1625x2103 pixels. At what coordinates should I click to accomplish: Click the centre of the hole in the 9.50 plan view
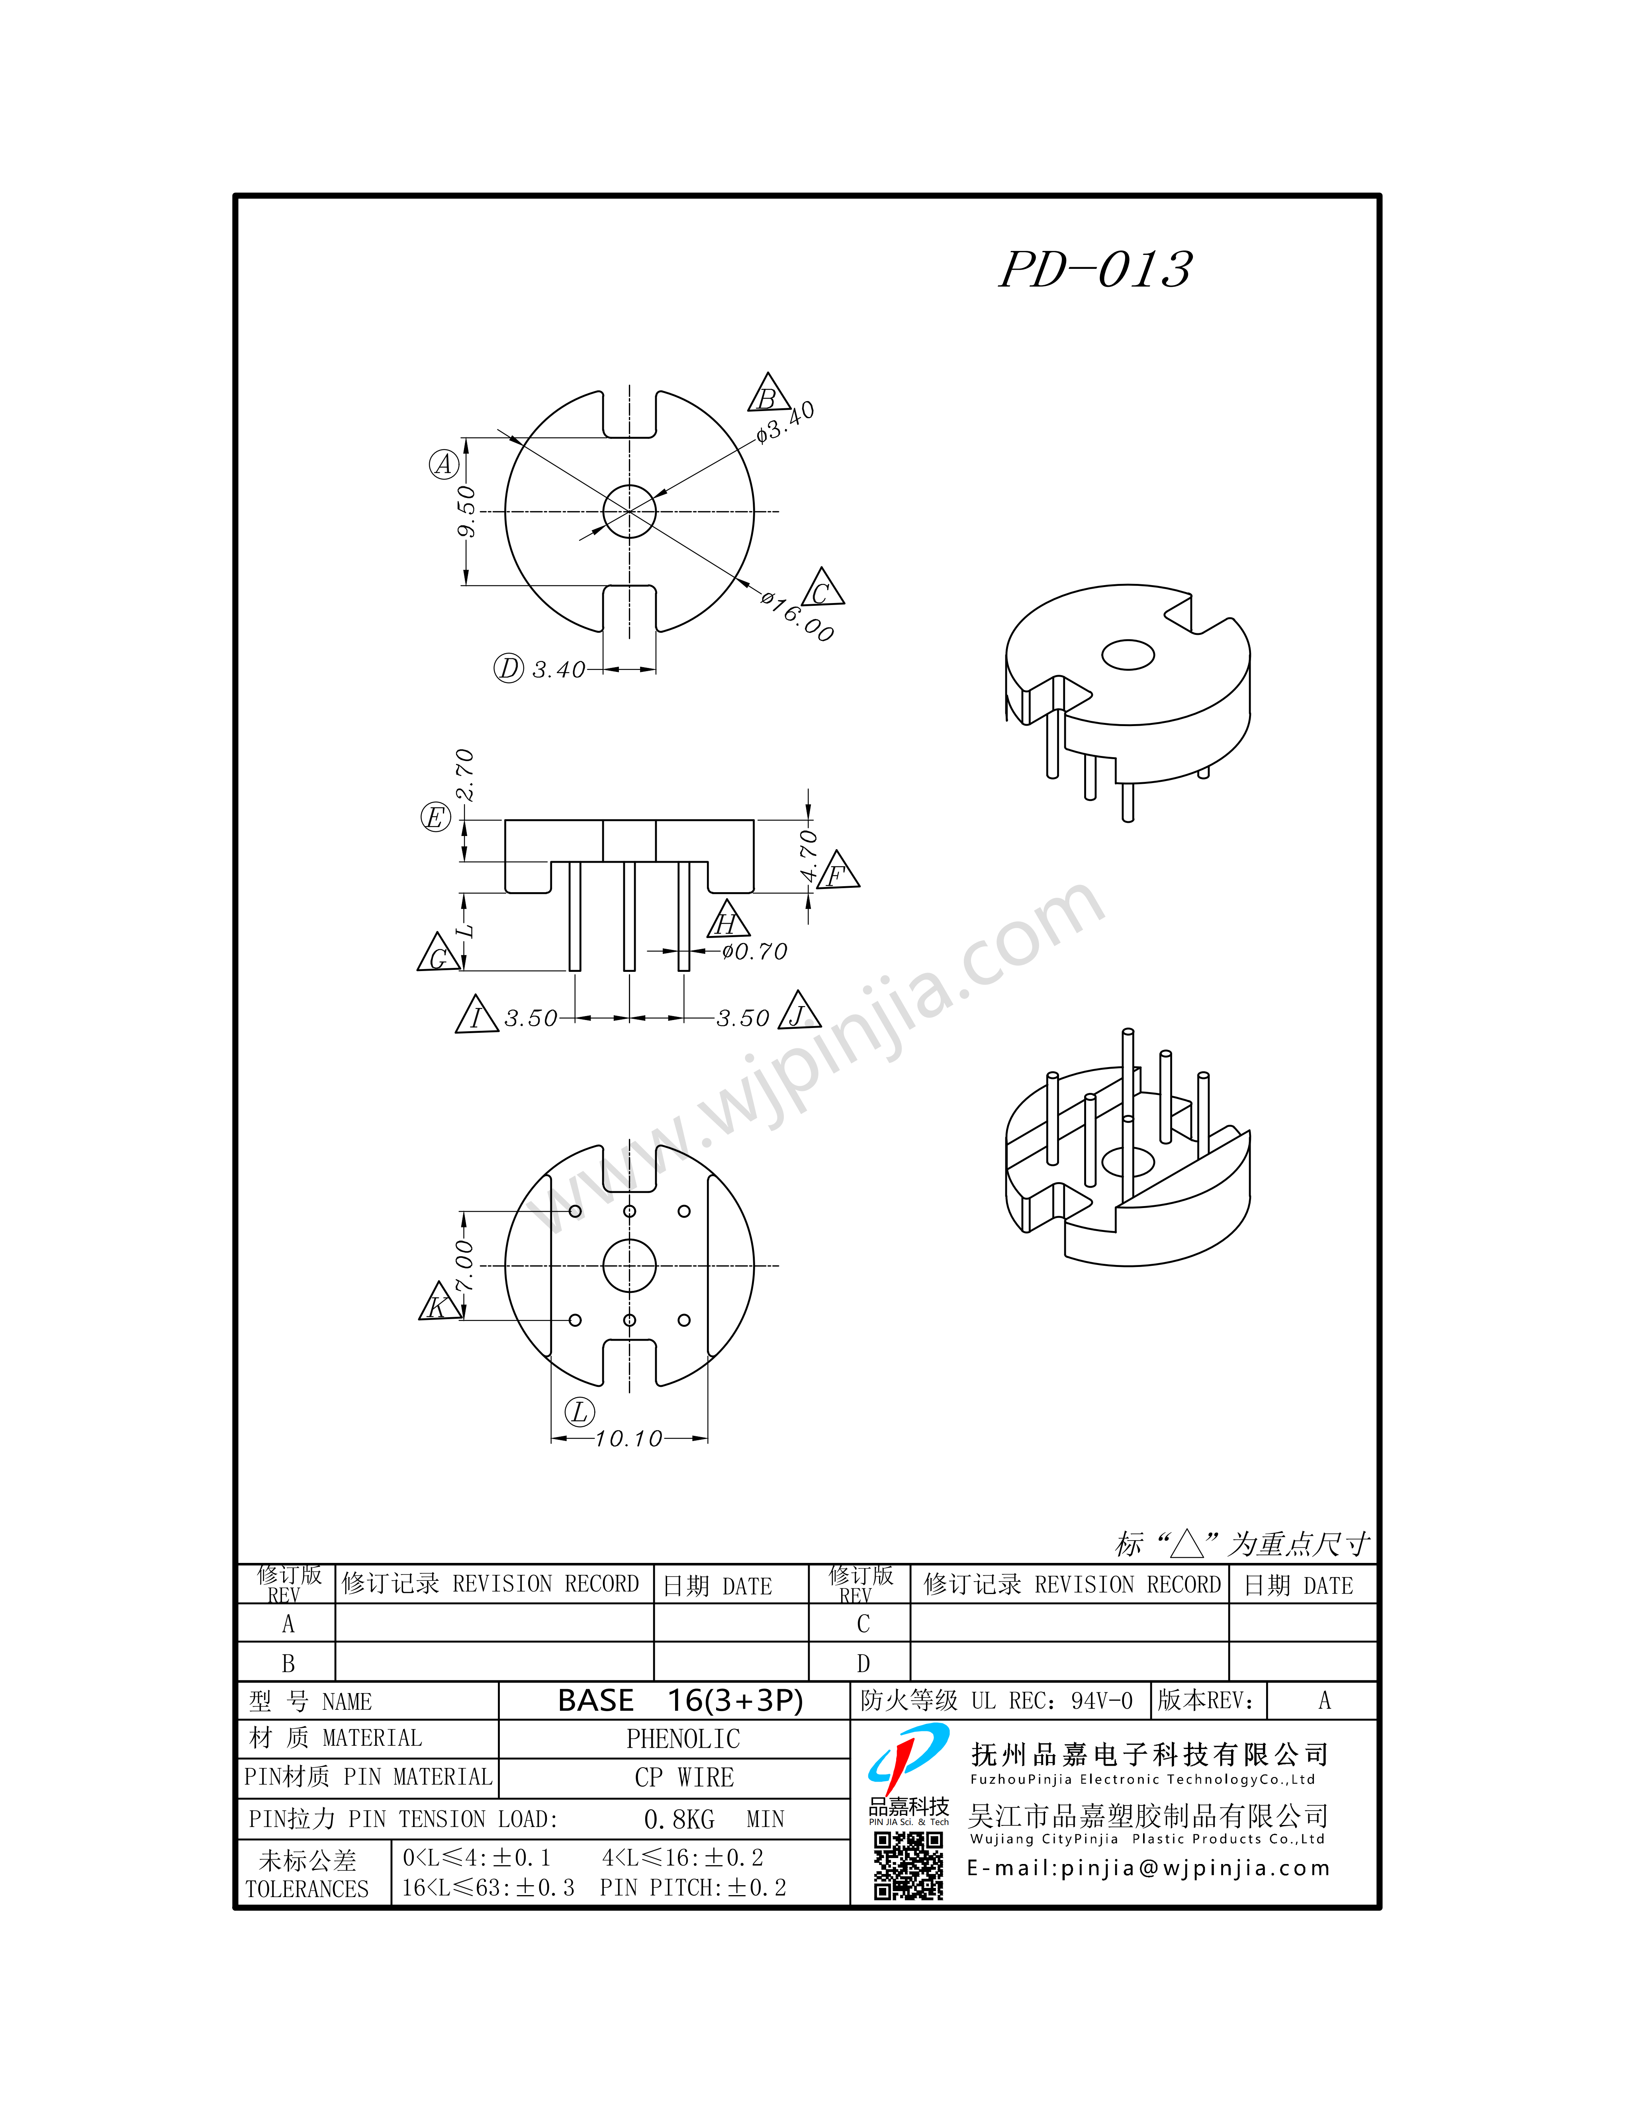coord(630,511)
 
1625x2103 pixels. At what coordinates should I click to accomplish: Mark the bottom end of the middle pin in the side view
coord(630,970)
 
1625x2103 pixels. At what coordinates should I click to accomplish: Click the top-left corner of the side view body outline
coord(505,820)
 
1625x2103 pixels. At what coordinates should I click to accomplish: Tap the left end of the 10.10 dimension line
coord(552,1439)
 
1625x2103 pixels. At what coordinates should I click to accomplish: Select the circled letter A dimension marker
coord(444,464)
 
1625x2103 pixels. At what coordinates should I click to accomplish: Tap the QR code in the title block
coord(908,1865)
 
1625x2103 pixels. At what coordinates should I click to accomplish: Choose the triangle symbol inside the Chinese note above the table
coord(1187,1545)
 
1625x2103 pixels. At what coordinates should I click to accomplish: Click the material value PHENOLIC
coord(683,1739)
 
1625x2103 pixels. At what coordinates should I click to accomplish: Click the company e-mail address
coord(1149,1868)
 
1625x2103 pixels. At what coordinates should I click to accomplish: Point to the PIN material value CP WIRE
coord(685,1778)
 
